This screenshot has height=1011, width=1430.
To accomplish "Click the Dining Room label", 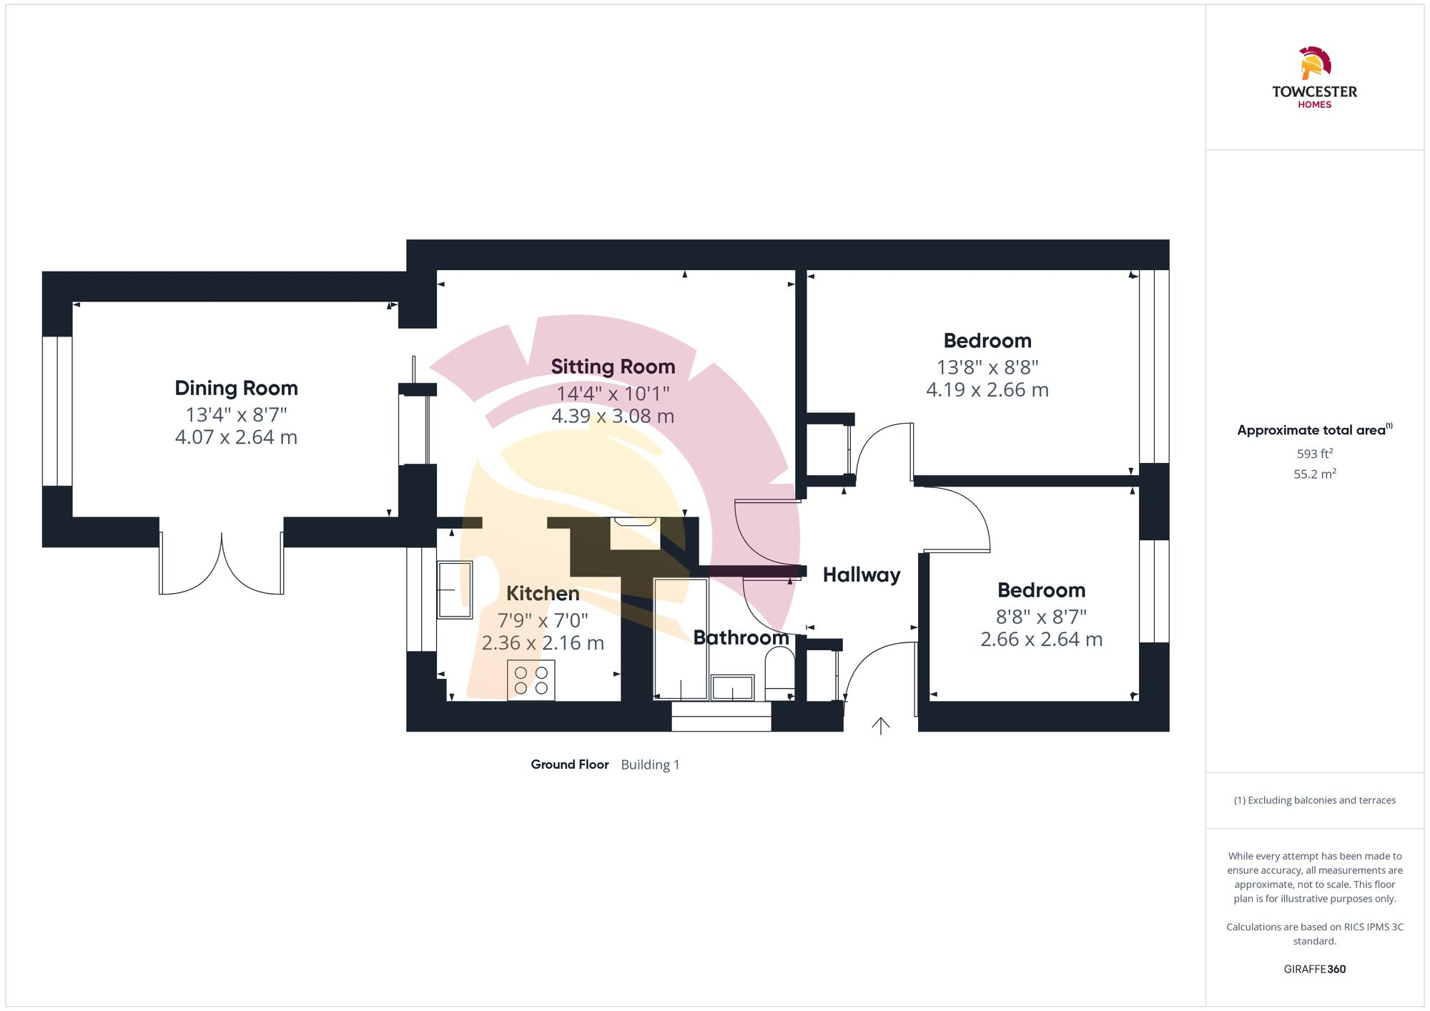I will click(236, 388).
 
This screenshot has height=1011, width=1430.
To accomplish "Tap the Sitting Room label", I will click(613, 367).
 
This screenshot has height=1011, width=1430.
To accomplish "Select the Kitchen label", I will click(543, 593).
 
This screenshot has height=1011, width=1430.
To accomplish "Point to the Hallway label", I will click(862, 574).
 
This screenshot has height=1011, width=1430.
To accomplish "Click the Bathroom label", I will click(741, 637).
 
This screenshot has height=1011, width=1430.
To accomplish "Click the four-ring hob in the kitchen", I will click(531, 680).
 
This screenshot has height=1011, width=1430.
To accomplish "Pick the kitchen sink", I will click(455, 589).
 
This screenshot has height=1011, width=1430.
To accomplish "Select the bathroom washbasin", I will click(732, 687).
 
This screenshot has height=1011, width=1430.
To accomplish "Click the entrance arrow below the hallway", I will click(880, 726).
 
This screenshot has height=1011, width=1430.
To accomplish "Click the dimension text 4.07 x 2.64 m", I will click(236, 437).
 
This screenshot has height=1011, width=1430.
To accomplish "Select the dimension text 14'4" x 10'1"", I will click(613, 393).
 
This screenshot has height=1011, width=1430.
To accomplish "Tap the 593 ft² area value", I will click(1314, 454).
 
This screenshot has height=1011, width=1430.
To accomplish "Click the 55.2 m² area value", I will click(1314, 474).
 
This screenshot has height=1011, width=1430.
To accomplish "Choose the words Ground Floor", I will click(569, 765).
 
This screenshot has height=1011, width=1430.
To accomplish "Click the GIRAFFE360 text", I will click(1314, 969).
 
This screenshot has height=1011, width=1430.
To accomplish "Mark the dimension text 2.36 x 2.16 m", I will click(543, 643).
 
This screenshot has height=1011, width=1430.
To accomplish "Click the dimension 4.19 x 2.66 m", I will click(987, 390).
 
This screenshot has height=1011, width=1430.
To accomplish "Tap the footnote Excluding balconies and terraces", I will click(1314, 800).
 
